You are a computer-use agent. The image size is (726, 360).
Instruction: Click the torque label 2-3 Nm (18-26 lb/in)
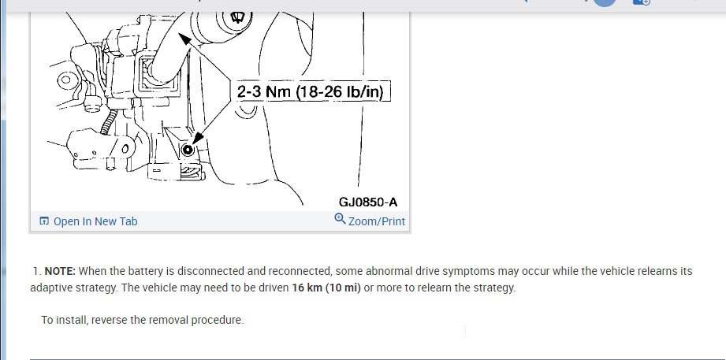pos(311,91)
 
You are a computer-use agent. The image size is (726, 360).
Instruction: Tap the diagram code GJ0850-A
pos(368,202)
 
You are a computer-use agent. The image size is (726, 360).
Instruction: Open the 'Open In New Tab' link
pos(95,221)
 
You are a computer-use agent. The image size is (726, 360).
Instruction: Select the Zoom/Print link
pos(377,221)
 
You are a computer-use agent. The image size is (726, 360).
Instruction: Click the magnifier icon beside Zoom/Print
pos(341,218)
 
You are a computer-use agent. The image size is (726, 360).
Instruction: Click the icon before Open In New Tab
pos(44,221)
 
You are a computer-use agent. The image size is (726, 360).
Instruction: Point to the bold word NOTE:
pos(60,271)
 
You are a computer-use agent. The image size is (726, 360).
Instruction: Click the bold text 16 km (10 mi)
pos(326,288)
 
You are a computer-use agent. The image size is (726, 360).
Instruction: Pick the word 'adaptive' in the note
pos(50,288)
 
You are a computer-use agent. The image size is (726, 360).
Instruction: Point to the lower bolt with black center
pos(188,150)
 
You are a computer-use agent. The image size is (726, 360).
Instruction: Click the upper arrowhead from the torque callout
pos(184,39)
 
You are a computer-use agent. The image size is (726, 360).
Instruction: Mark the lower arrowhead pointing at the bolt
pos(198,139)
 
